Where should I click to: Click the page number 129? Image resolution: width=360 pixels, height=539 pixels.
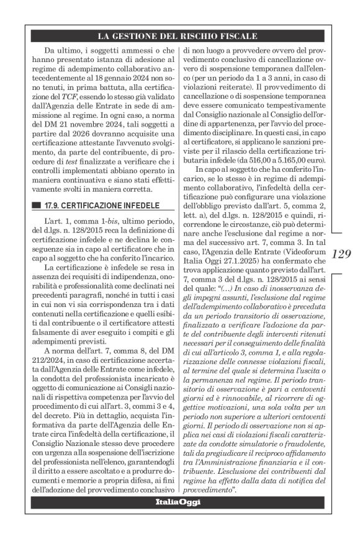click(341, 254)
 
